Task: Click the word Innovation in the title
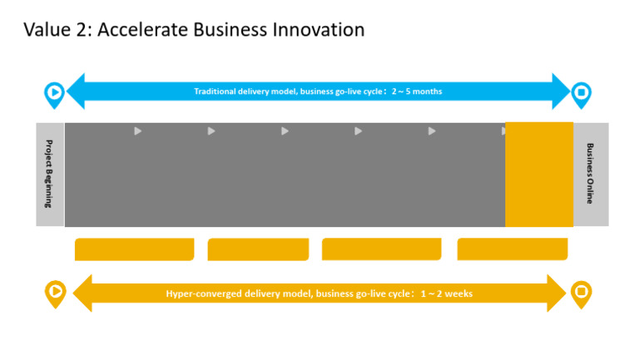click(x=320, y=30)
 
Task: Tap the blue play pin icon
click(x=54, y=93)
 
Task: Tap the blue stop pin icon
click(x=582, y=93)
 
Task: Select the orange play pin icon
click(x=55, y=292)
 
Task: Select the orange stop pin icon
click(x=582, y=292)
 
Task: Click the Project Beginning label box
click(x=50, y=175)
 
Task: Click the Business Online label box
click(x=591, y=175)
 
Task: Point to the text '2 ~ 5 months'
click(x=417, y=91)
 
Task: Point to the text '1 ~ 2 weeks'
click(x=447, y=293)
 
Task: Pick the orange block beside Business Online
click(x=539, y=175)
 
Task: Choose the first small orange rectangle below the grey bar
click(x=134, y=249)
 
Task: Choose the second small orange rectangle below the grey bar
click(x=258, y=249)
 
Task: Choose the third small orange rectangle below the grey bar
click(x=381, y=249)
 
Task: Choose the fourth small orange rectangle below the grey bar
click(x=513, y=249)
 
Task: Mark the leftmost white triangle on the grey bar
click(x=138, y=131)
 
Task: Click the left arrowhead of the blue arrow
click(x=75, y=91)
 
